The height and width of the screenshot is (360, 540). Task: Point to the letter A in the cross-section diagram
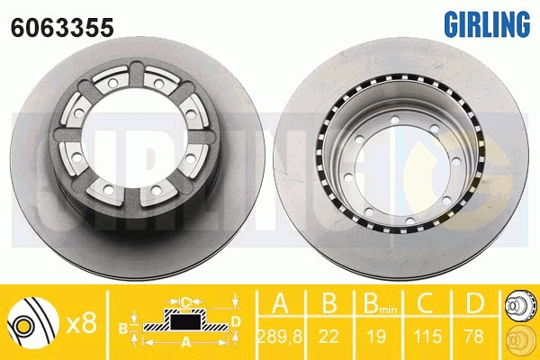click(185, 343)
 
